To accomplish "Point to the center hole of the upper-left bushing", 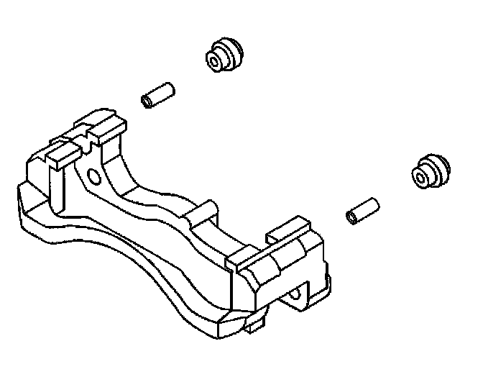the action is coord(214,61).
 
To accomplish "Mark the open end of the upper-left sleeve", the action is coord(148,100).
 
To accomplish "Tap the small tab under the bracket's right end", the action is coord(251,327).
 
